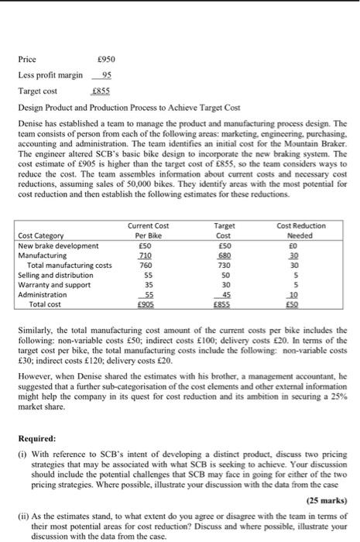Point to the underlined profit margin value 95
[107, 74]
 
